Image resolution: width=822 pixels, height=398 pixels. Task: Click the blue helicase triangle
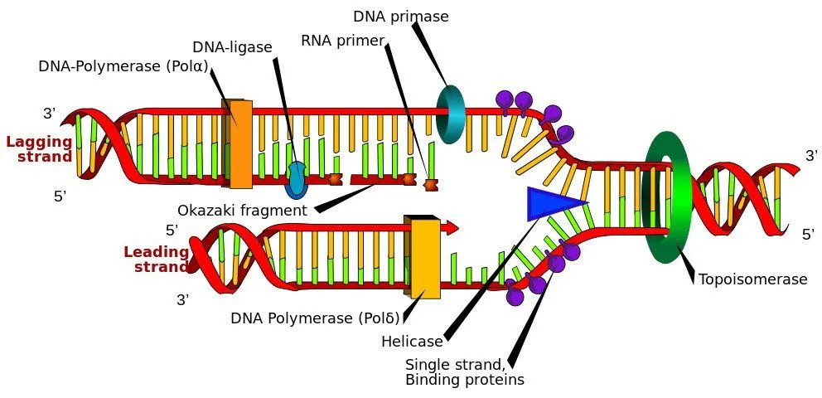tap(550, 203)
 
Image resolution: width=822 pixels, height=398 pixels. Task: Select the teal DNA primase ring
tap(451, 114)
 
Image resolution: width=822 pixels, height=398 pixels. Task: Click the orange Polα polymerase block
tap(238, 144)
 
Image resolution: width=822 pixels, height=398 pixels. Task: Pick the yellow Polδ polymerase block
tap(424, 256)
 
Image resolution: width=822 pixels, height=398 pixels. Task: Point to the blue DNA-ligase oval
tap(296, 179)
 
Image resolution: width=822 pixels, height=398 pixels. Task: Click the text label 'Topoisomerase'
tap(752, 279)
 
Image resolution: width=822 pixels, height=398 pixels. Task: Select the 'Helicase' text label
tap(412, 342)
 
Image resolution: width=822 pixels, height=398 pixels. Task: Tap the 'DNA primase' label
tap(401, 17)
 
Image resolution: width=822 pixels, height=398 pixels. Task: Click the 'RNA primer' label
tap(342, 41)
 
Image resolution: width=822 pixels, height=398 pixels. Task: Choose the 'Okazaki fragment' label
tap(242, 211)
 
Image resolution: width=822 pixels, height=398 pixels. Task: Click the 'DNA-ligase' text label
tap(232, 47)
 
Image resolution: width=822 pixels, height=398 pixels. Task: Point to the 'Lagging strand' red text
tap(40, 149)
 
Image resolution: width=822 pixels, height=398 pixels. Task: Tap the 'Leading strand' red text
tap(157, 259)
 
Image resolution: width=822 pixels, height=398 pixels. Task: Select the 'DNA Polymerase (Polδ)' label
tap(315, 318)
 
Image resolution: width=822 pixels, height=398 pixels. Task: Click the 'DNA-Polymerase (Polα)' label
tap(123, 66)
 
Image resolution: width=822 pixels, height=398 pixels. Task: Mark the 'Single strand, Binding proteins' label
tap(464, 372)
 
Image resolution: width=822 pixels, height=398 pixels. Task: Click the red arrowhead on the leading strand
tap(452, 228)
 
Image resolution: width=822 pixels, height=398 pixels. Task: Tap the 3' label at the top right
tap(811, 156)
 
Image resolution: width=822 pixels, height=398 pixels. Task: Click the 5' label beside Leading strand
tap(172, 231)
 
